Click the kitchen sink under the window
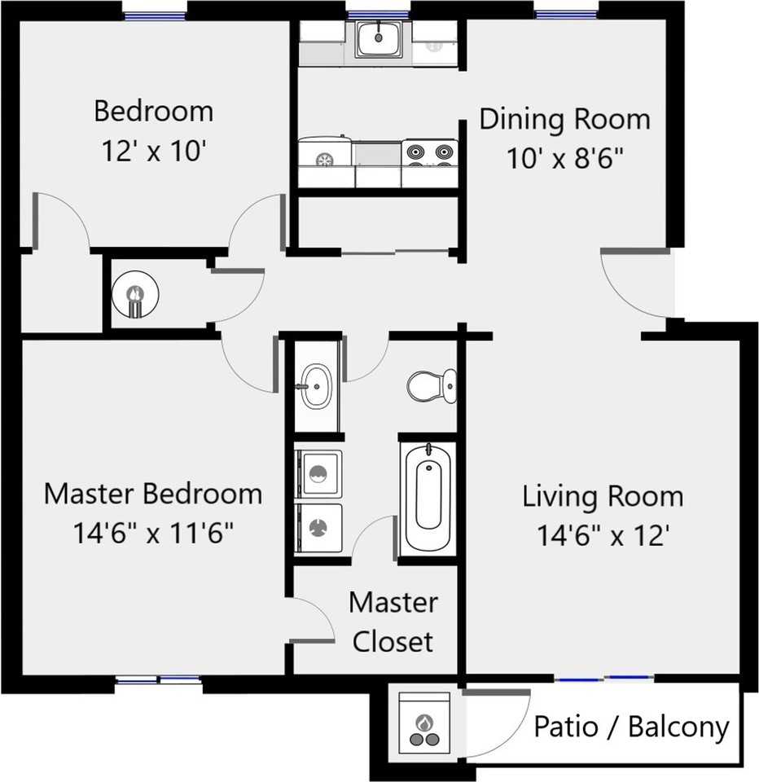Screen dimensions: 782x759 [378, 37]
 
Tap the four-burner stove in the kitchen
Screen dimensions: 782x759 [430, 154]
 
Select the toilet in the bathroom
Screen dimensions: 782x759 [431, 385]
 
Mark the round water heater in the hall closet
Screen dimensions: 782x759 [134, 293]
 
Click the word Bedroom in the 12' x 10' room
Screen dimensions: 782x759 [153, 111]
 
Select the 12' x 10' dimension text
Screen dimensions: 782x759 [153, 152]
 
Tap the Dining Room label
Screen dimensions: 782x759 [564, 119]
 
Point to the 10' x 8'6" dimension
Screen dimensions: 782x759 [564, 157]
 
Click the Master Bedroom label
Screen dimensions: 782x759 [153, 494]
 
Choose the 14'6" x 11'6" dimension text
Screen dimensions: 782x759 [153, 534]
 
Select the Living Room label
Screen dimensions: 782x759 [603, 496]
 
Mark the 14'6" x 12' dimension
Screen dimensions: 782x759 [603, 535]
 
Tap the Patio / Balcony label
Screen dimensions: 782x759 [630, 727]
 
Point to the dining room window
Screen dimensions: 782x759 [566, 13]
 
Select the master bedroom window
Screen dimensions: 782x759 [158, 679]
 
